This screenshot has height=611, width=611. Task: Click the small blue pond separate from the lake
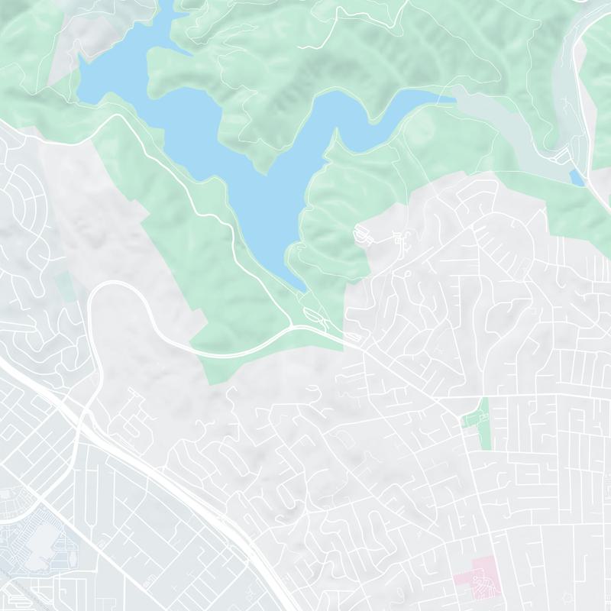(x=577, y=177)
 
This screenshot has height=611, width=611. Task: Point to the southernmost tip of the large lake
(x=303, y=289)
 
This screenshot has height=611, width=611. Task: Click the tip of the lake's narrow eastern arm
(x=451, y=97)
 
